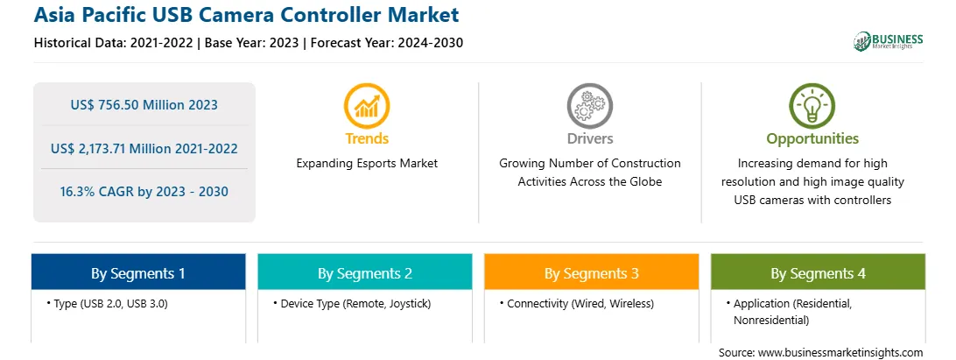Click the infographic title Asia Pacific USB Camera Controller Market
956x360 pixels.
(x=247, y=15)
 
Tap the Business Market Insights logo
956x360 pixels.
(x=888, y=41)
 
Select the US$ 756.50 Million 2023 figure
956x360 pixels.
(x=144, y=104)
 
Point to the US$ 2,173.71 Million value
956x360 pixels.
(x=144, y=148)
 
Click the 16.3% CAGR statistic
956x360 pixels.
(x=144, y=192)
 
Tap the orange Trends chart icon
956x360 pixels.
(x=367, y=106)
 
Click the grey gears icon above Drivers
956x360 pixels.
(x=589, y=106)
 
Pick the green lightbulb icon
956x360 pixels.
(x=812, y=106)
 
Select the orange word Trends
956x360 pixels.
(x=367, y=138)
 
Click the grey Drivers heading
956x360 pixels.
(x=589, y=138)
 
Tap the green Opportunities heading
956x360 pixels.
(x=812, y=139)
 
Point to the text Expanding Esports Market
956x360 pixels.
(x=367, y=164)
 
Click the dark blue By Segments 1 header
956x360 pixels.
(x=138, y=272)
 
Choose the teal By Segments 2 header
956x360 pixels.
(x=364, y=272)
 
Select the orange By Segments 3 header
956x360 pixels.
(x=592, y=272)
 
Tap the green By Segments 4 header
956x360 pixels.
(x=819, y=272)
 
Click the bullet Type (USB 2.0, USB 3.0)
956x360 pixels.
(x=107, y=303)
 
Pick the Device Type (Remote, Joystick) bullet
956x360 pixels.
(x=352, y=303)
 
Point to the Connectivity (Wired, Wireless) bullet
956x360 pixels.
(x=577, y=303)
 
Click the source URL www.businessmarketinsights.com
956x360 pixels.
(x=840, y=352)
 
